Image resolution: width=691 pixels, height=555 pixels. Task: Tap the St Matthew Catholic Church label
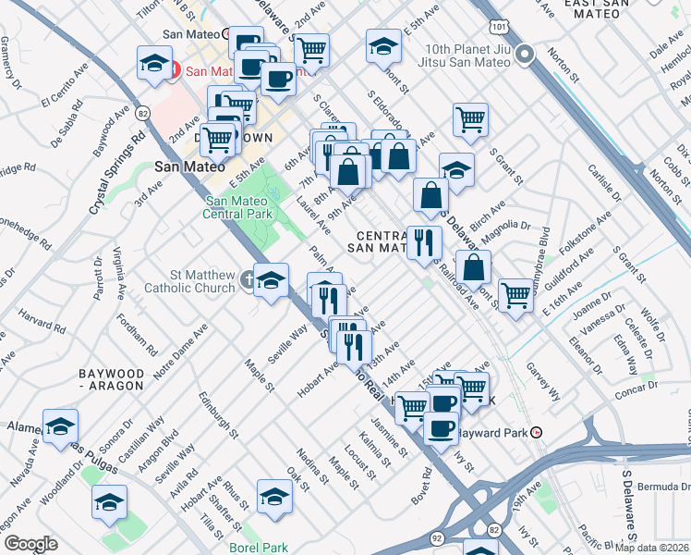coord(189,281)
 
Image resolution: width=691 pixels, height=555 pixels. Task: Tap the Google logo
coord(30,544)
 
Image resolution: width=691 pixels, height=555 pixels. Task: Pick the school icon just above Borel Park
coord(274,497)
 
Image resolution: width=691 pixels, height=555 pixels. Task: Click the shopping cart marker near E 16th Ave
coord(515,295)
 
